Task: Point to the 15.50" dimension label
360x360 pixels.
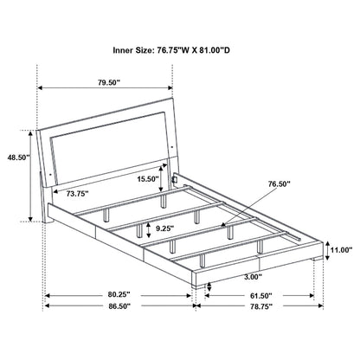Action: (x=147, y=178)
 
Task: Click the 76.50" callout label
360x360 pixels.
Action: (x=279, y=183)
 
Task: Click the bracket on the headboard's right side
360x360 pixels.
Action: (x=176, y=181)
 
